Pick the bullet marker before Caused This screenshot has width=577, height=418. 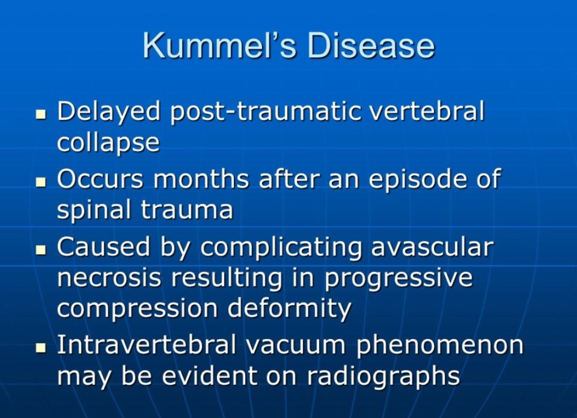coord(41,250)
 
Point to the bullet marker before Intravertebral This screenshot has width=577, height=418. coord(41,347)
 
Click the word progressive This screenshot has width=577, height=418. coord(398,278)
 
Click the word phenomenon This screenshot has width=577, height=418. coord(440,345)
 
